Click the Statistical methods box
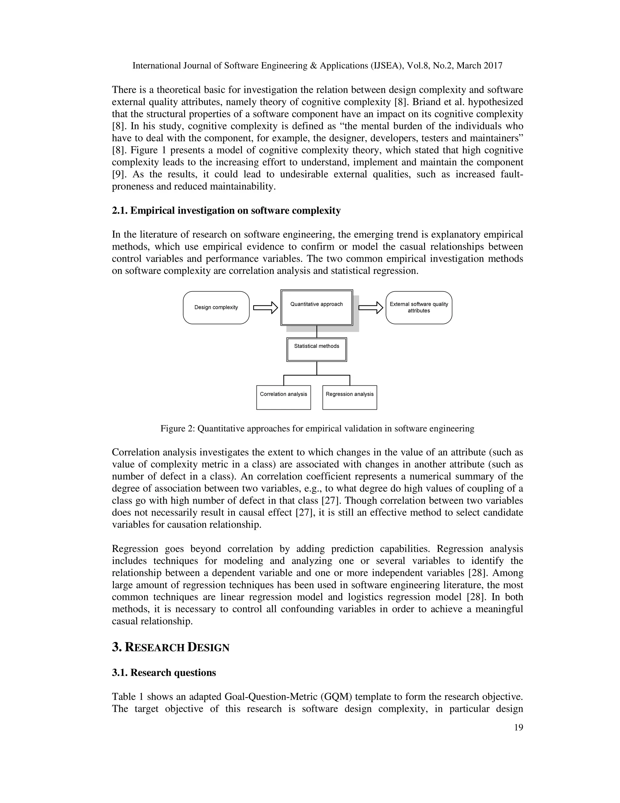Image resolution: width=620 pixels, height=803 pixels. pyautogui.click(x=317, y=350)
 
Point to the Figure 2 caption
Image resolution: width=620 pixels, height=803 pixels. pyautogui.click(x=317, y=429)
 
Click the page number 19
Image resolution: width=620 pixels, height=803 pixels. pyautogui.click(x=518, y=728)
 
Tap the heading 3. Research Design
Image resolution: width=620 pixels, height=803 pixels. pyautogui.click(x=170, y=648)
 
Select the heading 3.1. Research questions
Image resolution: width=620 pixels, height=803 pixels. pyautogui.click(x=164, y=673)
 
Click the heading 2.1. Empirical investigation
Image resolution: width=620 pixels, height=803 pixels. pyautogui.click(x=226, y=211)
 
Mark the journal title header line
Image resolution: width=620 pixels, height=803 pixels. pyautogui.click(x=317, y=66)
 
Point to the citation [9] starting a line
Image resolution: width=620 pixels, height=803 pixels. pyautogui.click(x=118, y=174)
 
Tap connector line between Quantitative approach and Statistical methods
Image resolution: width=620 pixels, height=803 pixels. pyautogui.click(x=317, y=332)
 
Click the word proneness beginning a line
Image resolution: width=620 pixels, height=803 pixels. pyautogui.click(x=133, y=186)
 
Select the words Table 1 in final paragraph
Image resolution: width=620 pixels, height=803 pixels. pyautogui.click(x=124, y=697)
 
